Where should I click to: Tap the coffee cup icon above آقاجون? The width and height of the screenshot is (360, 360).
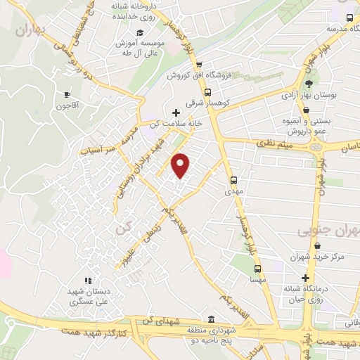click(x=67, y=94)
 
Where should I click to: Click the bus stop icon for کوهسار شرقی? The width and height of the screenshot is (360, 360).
click(x=207, y=91)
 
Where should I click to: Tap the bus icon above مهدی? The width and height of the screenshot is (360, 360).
click(x=234, y=179)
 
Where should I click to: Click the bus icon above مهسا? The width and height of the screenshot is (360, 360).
click(x=257, y=268)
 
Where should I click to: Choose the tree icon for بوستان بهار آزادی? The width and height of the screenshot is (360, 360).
click(x=309, y=83)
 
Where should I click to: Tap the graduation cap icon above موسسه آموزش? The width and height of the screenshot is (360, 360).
click(x=140, y=33)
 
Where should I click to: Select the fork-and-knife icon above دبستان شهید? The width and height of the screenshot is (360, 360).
click(x=88, y=281)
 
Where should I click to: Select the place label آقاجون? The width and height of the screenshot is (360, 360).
click(x=68, y=106)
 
